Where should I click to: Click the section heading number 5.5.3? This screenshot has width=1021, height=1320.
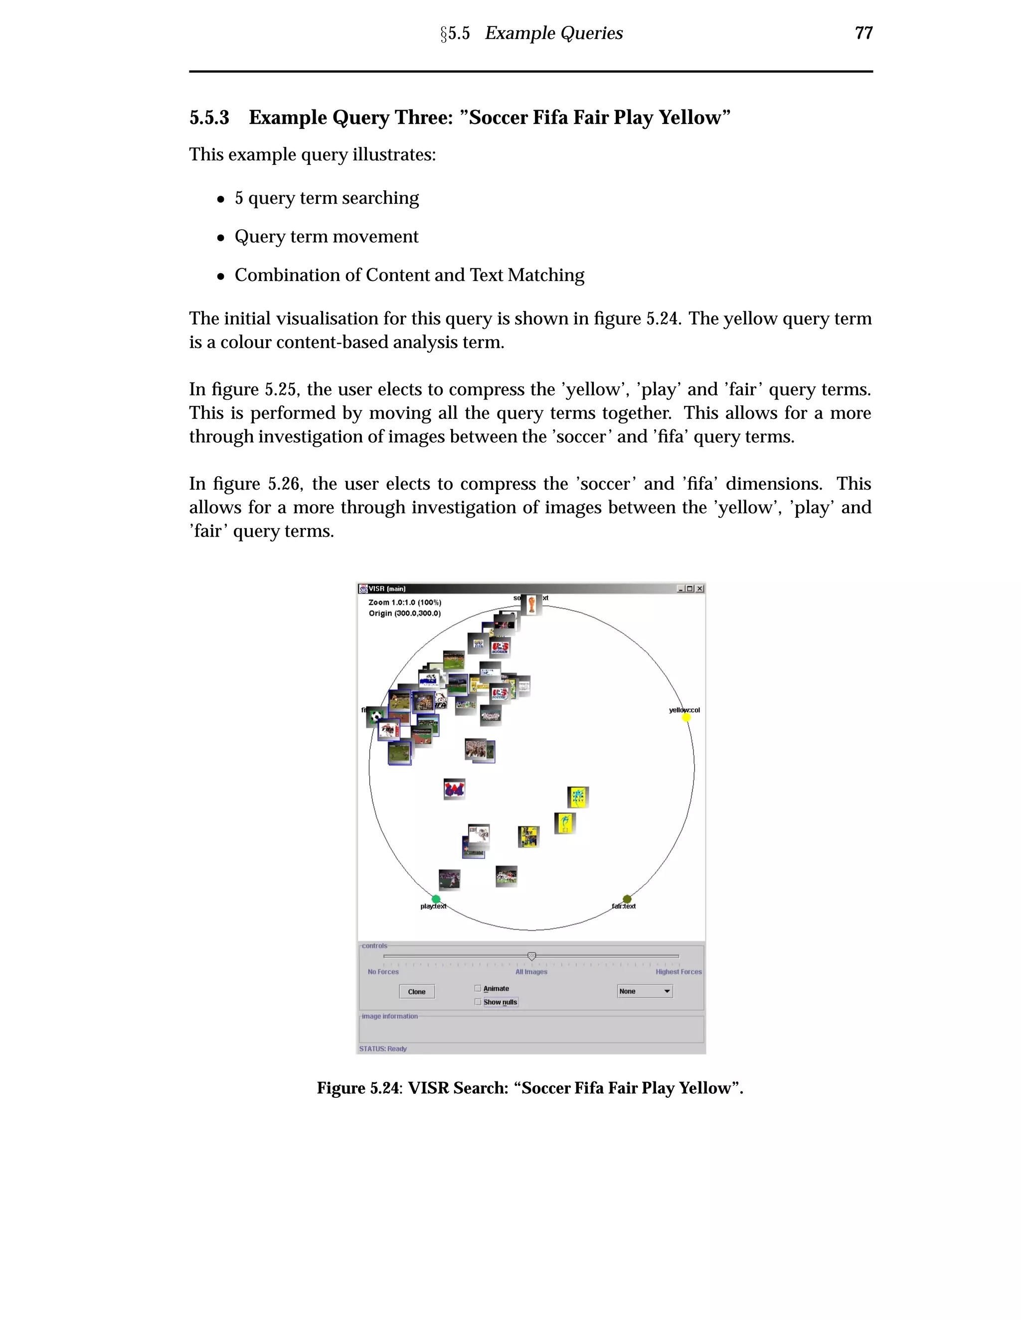click(x=209, y=117)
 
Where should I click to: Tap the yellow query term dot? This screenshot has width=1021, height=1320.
click(x=686, y=717)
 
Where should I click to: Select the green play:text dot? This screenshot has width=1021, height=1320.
click(x=436, y=899)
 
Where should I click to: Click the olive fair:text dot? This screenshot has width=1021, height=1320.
click(x=627, y=899)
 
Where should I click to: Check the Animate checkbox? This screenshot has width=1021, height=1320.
click(x=478, y=988)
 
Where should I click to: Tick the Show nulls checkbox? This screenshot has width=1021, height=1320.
click(x=478, y=1002)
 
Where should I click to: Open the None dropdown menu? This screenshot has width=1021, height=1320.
click(x=645, y=991)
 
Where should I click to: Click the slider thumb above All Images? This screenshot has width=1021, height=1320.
click(x=531, y=956)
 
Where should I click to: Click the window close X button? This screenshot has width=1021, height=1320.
click(x=700, y=589)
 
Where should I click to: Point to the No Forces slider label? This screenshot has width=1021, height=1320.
click(x=383, y=972)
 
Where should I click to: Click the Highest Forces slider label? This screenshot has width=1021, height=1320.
click(x=678, y=972)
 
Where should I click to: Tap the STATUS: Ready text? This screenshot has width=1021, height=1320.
click(x=383, y=1049)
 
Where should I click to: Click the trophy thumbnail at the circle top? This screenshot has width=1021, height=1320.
click(x=531, y=604)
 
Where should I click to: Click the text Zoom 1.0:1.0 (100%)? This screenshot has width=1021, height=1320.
click(x=405, y=603)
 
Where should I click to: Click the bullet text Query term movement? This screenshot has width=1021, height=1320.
click(x=326, y=236)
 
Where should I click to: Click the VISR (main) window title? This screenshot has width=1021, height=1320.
click(x=386, y=589)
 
